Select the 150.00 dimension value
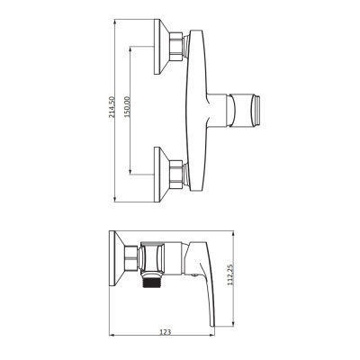127,108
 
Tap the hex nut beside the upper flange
179,46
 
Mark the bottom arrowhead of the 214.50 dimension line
120,202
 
